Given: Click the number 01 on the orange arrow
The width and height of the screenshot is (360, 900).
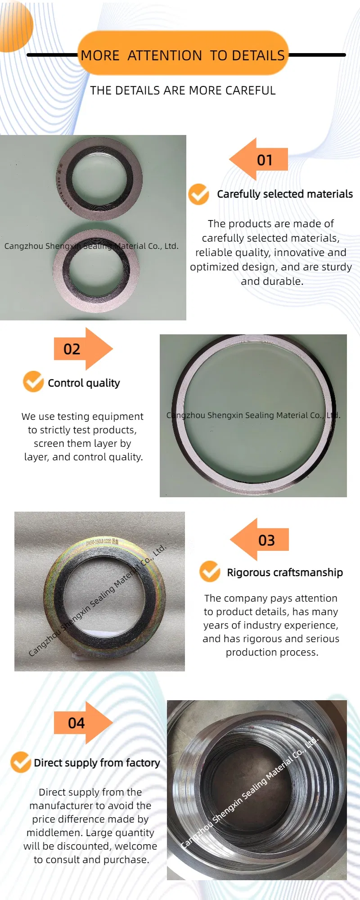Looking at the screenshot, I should pos(265,160).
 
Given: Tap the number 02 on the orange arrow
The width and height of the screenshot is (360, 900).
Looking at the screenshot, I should pos(72,349).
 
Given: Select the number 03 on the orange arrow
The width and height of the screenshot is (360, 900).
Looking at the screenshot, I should pos(266,540).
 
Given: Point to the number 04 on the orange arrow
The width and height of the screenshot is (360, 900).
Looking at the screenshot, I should pos(76,723).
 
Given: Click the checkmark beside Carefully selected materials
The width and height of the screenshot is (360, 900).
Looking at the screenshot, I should pos(198,194).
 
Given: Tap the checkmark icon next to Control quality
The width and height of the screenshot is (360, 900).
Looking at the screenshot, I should pos(33,382).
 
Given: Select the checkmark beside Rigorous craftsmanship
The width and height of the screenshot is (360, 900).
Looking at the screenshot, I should pos(210,571).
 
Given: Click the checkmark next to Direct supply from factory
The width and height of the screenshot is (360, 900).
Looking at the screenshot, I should pos(21,762).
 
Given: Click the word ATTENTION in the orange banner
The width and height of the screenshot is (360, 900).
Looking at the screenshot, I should pos(165,55).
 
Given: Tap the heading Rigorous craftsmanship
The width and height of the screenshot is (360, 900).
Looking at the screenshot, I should pos(285,572).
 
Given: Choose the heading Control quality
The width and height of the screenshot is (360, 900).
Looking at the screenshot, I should pos(84,383).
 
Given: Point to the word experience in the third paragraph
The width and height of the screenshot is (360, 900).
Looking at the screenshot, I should pos(313,625).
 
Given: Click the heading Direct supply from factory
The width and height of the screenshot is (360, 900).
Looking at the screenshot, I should pos(97,763).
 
